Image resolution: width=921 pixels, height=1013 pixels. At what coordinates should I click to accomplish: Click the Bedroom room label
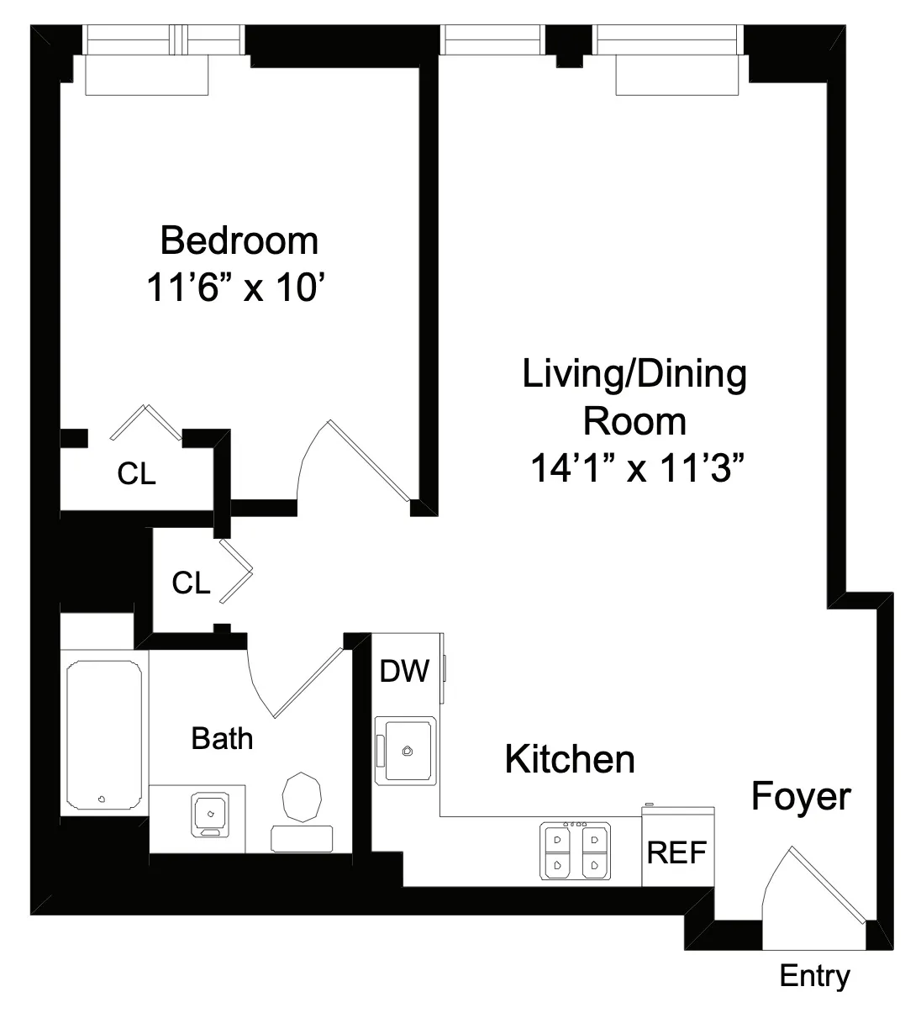point(239,241)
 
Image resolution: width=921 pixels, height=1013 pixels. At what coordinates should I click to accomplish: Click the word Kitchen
point(569,759)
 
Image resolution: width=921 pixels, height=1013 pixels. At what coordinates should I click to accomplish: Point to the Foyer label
point(800,796)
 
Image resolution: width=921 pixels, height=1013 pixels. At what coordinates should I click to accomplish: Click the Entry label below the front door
point(814,976)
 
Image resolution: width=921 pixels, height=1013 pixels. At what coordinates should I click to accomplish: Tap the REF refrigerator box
point(677,852)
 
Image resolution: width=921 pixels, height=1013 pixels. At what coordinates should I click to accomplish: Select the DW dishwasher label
point(404,671)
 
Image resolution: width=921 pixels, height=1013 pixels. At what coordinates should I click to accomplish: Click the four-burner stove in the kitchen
point(576,852)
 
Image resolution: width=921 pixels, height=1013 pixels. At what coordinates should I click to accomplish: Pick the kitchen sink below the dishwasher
point(407,750)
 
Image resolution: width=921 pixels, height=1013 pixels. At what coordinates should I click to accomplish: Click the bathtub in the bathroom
point(103,736)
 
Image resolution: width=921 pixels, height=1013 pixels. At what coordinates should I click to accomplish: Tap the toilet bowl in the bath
point(303,796)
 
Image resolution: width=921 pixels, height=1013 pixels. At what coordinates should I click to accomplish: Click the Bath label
point(222,739)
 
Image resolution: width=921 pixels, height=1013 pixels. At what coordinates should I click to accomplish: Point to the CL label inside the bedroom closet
point(136,474)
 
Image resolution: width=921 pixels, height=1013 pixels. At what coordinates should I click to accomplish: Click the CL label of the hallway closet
point(191,583)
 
